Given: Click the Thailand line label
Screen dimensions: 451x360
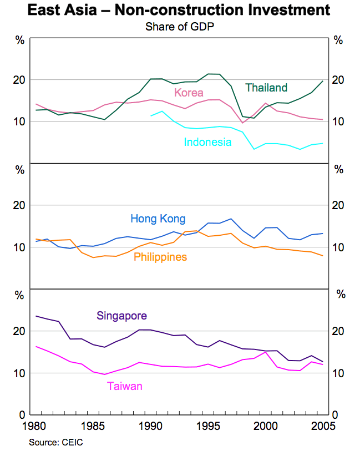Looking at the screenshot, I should (x=266, y=88).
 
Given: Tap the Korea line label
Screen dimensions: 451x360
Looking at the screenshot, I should (x=189, y=93).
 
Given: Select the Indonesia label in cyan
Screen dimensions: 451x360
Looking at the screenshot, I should (x=207, y=142).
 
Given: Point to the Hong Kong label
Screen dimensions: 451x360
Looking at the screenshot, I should (x=158, y=219).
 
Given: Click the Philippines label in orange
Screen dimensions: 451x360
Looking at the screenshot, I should (x=160, y=257).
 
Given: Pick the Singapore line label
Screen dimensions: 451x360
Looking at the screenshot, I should (x=121, y=316).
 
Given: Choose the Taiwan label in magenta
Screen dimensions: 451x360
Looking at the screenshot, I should (x=125, y=386).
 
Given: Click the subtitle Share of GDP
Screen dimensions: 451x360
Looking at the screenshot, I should (x=180, y=26).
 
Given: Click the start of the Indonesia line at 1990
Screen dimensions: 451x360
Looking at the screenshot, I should (x=151, y=116).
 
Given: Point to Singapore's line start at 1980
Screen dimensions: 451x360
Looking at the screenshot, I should (x=36, y=316).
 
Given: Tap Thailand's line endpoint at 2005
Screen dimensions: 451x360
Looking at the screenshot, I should (x=323, y=82).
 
